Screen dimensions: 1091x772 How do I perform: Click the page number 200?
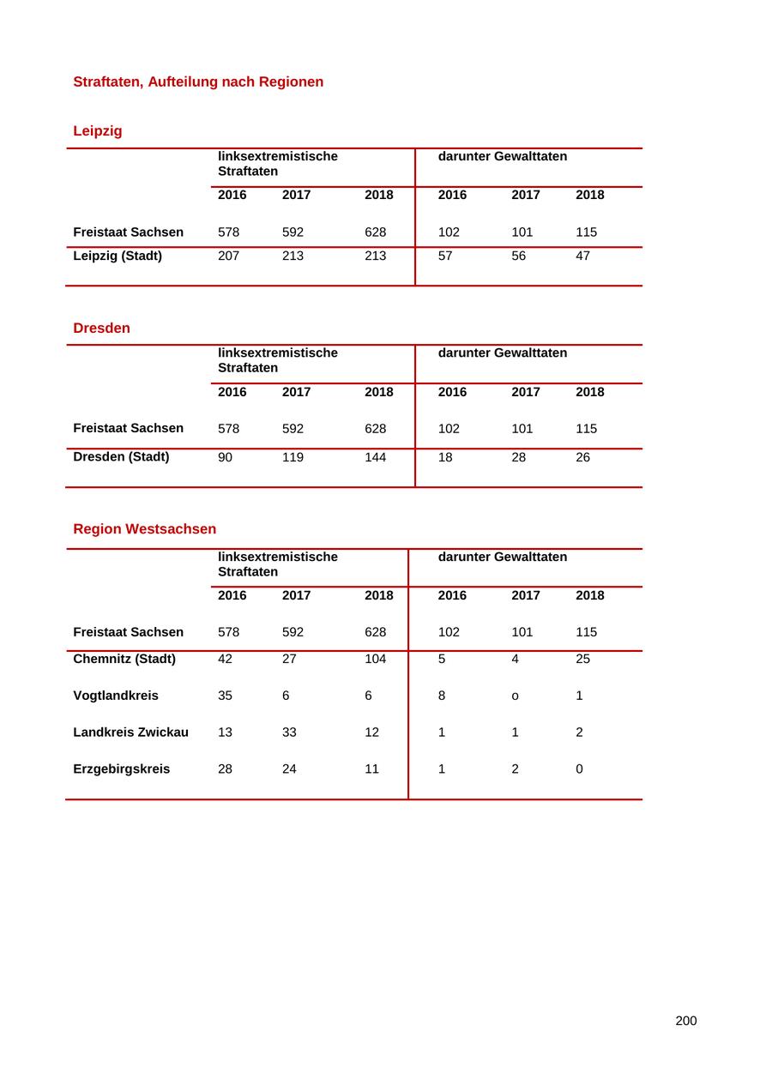click(x=685, y=1021)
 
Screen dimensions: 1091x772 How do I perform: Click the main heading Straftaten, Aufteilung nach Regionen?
click(x=198, y=82)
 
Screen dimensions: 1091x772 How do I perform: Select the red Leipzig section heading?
click(x=98, y=131)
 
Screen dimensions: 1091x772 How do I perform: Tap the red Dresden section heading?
click(x=101, y=329)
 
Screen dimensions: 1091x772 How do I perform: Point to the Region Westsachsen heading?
click(x=144, y=529)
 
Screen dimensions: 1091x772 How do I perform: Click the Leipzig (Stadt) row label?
click(x=118, y=256)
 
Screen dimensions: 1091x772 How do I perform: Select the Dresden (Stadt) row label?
click(x=121, y=457)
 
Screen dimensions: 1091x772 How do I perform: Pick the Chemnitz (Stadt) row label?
click(x=124, y=659)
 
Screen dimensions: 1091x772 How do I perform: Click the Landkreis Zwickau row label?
click(x=130, y=732)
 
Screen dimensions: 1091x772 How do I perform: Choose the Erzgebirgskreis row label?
click(x=121, y=769)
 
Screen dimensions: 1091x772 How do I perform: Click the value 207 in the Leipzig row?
click(x=228, y=256)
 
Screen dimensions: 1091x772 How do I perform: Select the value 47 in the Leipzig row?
click(x=582, y=256)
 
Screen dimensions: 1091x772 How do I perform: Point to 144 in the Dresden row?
click(x=375, y=457)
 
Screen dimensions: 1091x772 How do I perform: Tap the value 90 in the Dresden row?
click(x=225, y=457)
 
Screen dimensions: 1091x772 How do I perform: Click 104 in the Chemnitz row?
click(x=375, y=659)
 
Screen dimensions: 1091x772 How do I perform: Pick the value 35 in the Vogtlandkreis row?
click(x=225, y=696)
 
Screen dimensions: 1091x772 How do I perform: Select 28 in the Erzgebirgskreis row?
click(x=225, y=769)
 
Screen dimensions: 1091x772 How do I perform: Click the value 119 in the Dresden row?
click(x=293, y=457)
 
